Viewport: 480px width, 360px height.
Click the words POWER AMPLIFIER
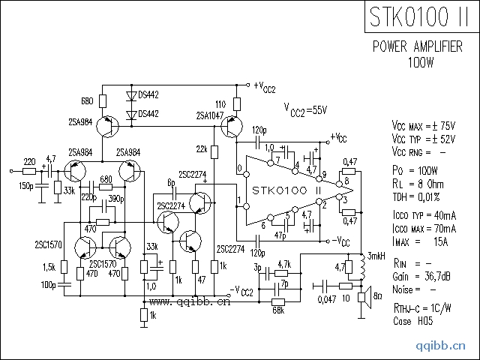click(x=417, y=46)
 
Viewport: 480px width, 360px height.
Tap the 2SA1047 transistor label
click(x=209, y=116)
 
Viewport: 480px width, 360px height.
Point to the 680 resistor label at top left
click(x=86, y=100)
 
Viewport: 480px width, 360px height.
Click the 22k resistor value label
click(x=202, y=148)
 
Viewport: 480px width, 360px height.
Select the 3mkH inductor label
click(x=375, y=257)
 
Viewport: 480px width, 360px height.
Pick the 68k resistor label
click(x=277, y=309)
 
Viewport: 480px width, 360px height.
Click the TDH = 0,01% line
click(x=418, y=196)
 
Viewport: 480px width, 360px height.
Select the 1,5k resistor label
click(x=49, y=268)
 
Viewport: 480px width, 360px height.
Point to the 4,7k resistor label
click(x=283, y=265)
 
